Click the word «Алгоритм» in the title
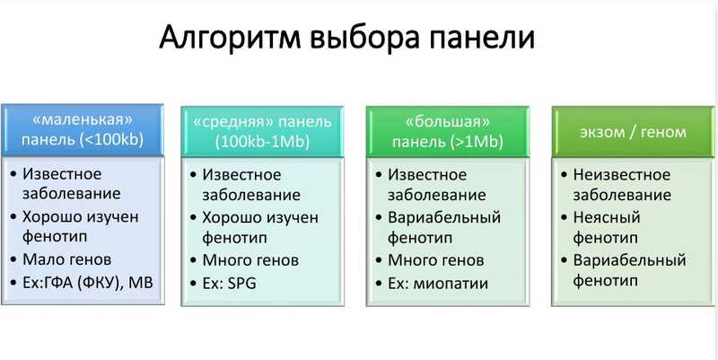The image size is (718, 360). [x=230, y=38]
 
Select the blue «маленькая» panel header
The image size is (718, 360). [x=83, y=130]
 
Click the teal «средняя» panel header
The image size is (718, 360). [x=262, y=132]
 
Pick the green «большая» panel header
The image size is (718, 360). [x=448, y=132]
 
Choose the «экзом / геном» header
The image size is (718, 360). [x=634, y=132]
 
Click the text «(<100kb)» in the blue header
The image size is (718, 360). [x=111, y=140]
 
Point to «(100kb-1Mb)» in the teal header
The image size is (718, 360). [x=262, y=142]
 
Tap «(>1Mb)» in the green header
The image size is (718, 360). [x=477, y=142]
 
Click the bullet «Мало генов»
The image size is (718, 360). [x=66, y=259]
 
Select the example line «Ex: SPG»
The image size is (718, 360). [x=230, y=284]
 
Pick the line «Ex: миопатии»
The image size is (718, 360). [x=438, y=284]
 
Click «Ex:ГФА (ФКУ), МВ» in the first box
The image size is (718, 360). [x=87, y=283]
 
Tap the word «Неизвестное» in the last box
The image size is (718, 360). [x=622, y=174]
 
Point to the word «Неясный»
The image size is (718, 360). [x=607, y=217]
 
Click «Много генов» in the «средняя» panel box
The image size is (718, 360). [x=250, y=260]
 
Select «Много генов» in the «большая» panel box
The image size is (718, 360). [x=436, y=260]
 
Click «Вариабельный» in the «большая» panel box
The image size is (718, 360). [x=444, y=217]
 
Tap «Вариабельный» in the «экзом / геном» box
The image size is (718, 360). [x=630, y=260]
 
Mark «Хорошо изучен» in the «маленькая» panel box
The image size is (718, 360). [x=80, y=216]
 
